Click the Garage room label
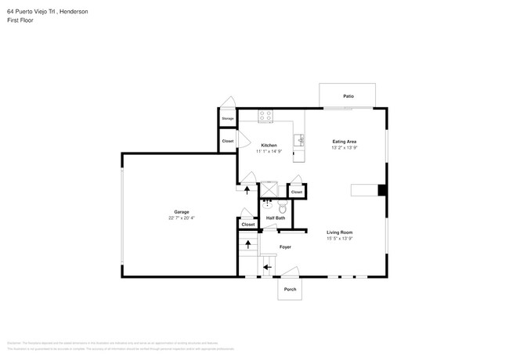(x=182, y=212)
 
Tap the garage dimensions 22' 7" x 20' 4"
(x=182, y=218)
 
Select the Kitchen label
(x=269, y=146)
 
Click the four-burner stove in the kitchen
(x=265, y=115)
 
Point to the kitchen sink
(x=298, y=141)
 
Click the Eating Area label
(x=345, y=142)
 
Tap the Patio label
(x=348, y=96)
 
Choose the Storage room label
(x=228, y=118)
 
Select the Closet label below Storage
(x=228, y=141)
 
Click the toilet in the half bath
(x=283, y=208)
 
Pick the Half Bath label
(x=274, y=218)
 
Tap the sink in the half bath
(x=264, y=209)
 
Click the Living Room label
(x=339, y=232)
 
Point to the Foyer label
(x=286, y=247)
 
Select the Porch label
(x=290, y=289)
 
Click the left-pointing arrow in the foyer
(x=266, y=267)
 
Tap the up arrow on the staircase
(x=248, y=244)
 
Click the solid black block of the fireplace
(x=381, y=190)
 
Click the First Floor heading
(x=20, y=20)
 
